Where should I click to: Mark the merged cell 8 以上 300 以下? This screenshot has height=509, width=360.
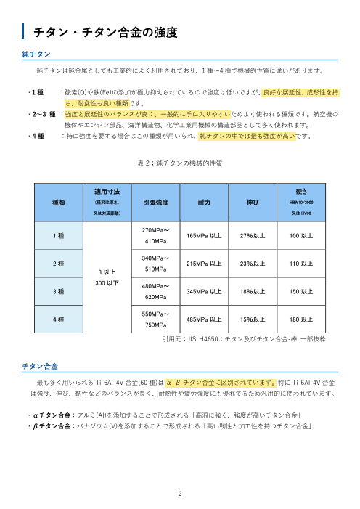click(x=107, y=277)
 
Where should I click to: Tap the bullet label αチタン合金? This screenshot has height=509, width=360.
click(x=47, y=415)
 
